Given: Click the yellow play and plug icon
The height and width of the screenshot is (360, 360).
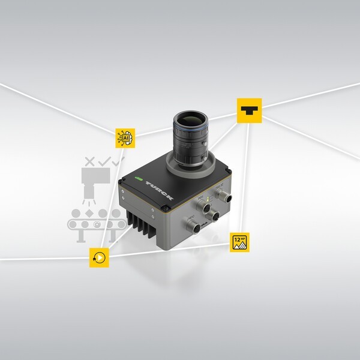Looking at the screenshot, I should coord(98,257).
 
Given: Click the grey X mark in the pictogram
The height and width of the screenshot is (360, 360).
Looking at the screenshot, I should coord(90,161).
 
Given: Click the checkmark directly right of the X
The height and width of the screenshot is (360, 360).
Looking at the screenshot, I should coord(104,161).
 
